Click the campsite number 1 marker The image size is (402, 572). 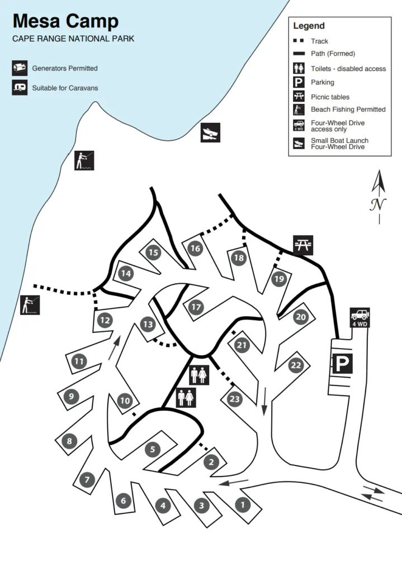click(x=242, y=505)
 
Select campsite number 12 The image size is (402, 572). click(x=105, y=320)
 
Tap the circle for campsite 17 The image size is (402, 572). click(x=196, y=307)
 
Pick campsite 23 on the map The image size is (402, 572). click(x=234, y=399)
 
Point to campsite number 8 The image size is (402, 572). click(x=69, y=441)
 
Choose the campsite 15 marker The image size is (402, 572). click(x=153, y=252)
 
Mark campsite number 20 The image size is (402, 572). click(x=301, y=317)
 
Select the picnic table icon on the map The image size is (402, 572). click(x=302, y=245)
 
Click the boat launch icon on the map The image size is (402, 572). click(x=210, y=132)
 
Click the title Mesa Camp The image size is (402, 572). click(x=65, y=22)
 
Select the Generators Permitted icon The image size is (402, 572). click(x=20, y=68)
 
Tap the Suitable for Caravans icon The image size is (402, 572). click(x=20, y=88)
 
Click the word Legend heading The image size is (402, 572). click(x=309, y=26)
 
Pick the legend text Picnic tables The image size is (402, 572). click(x=330, y=97)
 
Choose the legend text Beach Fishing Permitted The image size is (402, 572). click(x=348, y=109)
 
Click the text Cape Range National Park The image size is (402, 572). click(x=73, y=39)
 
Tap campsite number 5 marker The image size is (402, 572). click(x=152, y=449)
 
